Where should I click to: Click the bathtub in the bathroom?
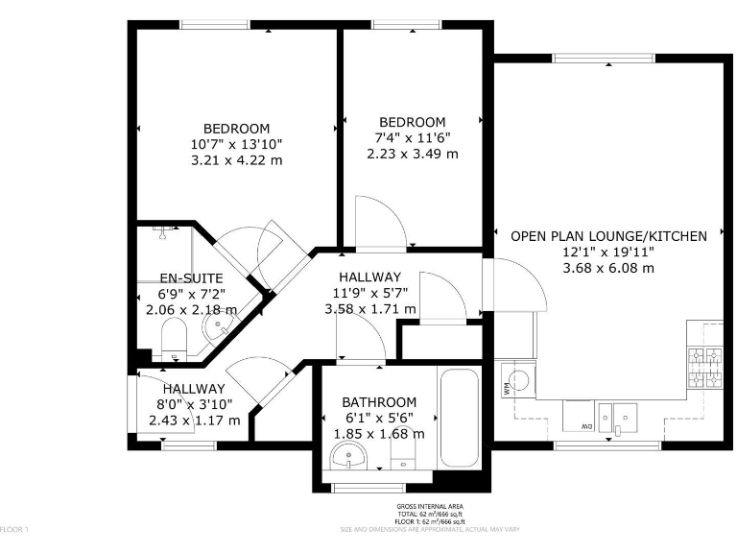[x=458, y=418]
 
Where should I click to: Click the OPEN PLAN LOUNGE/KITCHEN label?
[x=608, y=235]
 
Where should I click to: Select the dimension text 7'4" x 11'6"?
[x=412, y=138]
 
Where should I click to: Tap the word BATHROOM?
[x=380, y=402]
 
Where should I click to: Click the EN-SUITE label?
[x=190, y=278]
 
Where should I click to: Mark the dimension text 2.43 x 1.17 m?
[x=188, y=420]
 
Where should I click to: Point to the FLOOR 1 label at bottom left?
[x=15, y=529]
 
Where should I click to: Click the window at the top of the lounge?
[x=591, y=58]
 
